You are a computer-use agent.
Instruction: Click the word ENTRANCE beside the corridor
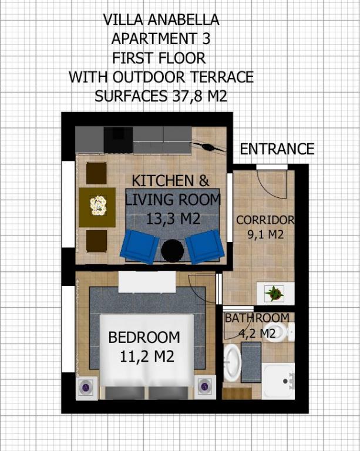(277, 149)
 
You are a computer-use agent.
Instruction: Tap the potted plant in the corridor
(274, 294)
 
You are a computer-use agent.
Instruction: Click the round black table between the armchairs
(173, 251)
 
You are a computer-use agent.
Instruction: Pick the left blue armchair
(140, 247)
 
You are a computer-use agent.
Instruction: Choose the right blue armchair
(205, 247)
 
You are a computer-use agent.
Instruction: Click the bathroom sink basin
(232, 363)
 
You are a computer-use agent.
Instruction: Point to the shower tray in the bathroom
(278, 381)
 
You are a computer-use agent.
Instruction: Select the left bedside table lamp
(86, 388)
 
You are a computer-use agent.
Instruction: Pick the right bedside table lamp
(205, 387)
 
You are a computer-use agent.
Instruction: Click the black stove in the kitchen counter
(118, 140)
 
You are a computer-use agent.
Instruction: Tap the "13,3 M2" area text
(173, 219)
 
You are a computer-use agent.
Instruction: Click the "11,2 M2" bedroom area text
(147, 357)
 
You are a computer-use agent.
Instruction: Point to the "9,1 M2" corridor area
(265, 234)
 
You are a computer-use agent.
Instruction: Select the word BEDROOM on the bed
(144, 337)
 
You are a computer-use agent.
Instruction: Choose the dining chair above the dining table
(96, 173)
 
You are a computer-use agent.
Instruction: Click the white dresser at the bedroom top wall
(147, 282)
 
